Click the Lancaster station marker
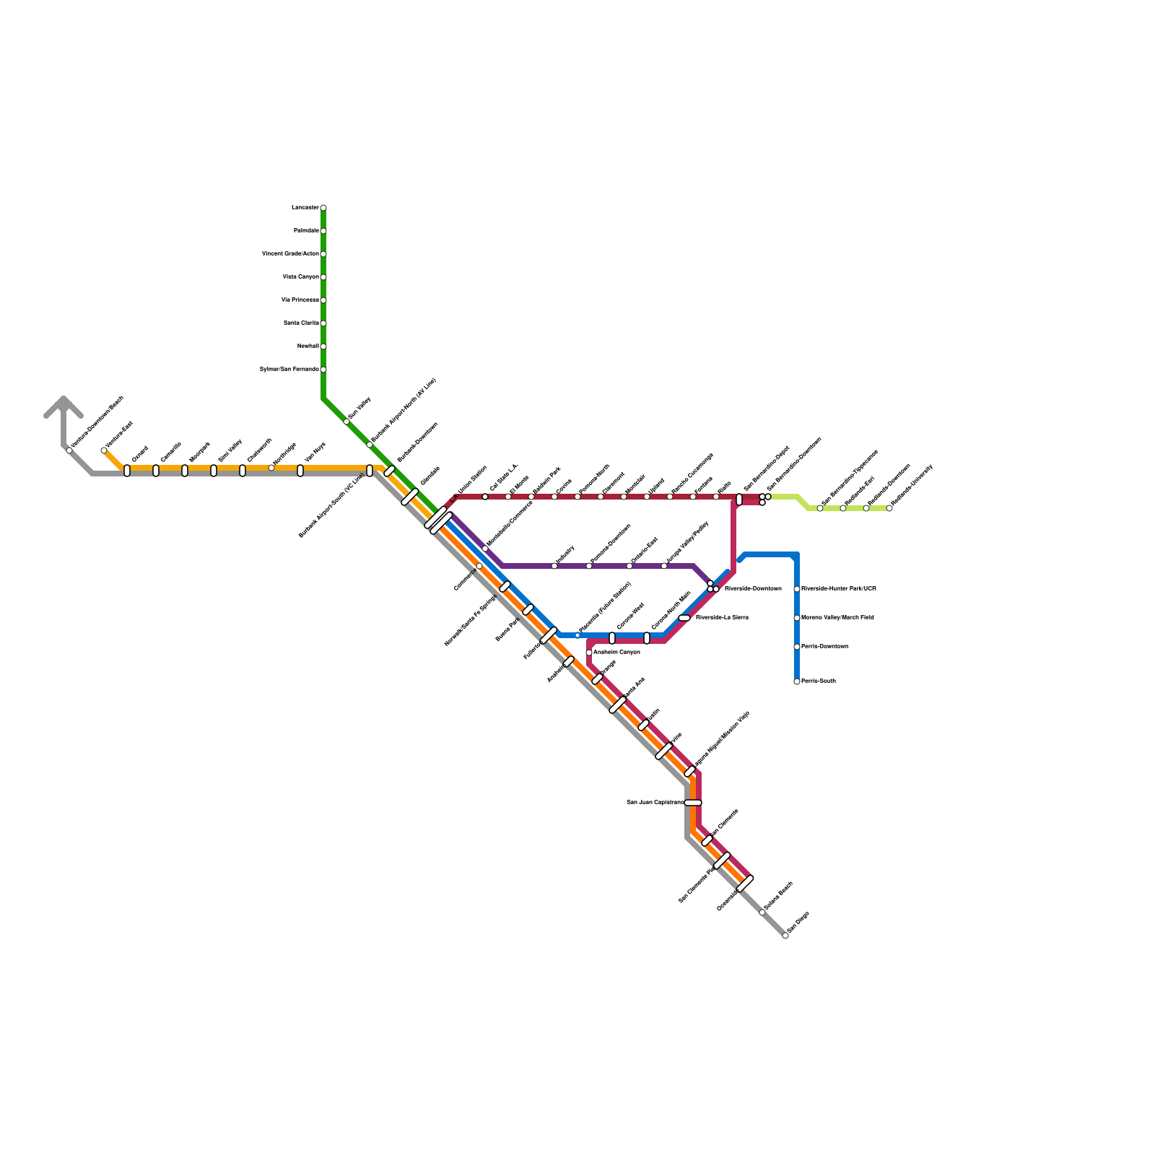coord(323,208)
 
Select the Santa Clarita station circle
coord(323,323)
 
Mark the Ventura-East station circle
coord(104,450)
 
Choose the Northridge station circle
coord(271,468)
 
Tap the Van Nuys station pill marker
coord(300,471)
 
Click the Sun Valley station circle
coord(346,422)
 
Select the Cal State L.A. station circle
coord(485,497)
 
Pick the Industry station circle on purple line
coord(554,566)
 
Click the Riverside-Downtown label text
coord(753,589)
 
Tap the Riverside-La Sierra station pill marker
coord(684,618)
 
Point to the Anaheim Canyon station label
coord(616,653)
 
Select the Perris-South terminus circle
coord(797,681)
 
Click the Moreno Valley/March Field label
coord(837,618)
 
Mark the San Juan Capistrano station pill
coord(693,803)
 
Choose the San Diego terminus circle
coord(785,936)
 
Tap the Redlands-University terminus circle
coord(889,508)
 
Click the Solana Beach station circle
coord(762,912)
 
